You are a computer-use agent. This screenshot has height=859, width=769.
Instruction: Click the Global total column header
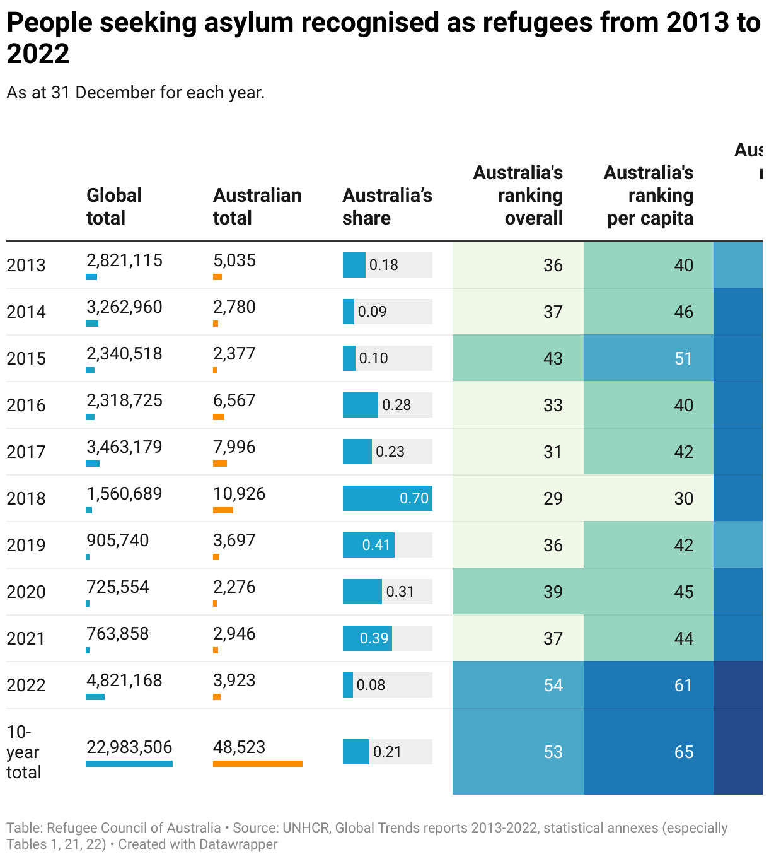coord(114,206)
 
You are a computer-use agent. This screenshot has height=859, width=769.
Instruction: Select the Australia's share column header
coord(387,206)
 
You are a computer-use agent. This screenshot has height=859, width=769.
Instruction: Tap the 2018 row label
coord(26,498)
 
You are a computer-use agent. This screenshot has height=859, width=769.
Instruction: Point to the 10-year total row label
coord(23,752)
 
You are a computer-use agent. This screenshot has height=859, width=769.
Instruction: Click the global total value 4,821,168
coord(124,681)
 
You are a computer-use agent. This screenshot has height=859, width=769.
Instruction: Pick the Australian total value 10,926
coord(239,494)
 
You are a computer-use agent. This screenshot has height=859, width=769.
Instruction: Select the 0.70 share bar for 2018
coord(387,498)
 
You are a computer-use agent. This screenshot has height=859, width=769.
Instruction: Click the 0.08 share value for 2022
coord(371,685)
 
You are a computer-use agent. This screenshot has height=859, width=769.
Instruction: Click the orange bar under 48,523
coord(257,764)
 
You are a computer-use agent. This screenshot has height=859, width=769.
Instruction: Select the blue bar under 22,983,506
coord(129,764)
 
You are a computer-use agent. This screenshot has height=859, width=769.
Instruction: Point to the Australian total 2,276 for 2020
coord(234,587)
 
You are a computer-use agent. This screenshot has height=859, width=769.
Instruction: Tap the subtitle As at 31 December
coord(136,93)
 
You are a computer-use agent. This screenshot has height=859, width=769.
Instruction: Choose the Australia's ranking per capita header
coord(649,195)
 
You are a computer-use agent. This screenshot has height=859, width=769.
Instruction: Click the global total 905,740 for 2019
coord(118,541)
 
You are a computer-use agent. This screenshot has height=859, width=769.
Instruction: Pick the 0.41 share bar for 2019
coord(369,545)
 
